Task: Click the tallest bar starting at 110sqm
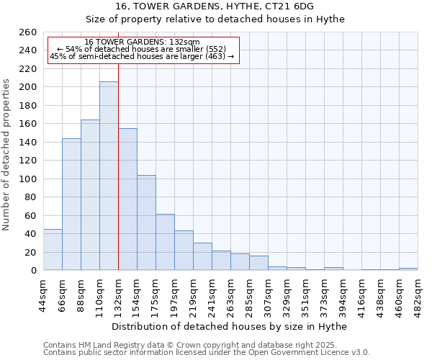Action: click(x=109, y=176)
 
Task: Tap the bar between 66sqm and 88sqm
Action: click(x=71, y=204)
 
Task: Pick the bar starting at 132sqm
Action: click(x=127, y=199)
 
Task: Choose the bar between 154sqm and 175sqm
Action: click(x=146, y=222)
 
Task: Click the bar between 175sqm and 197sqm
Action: click(x=165, y=242)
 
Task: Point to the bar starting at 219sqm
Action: click(x=202, y=256)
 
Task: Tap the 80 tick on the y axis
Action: click(x=32, y=197)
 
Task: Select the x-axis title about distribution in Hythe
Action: click(x=230, y=326)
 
